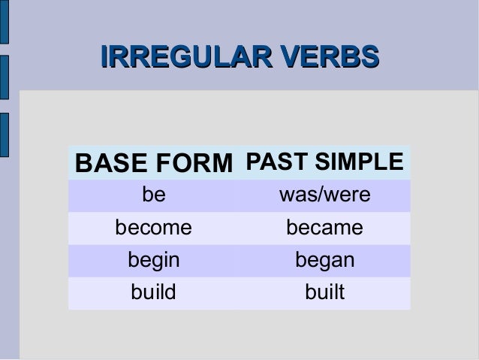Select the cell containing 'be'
pyautogui.click(x=154, y=195)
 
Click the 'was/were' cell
pyautogui.click(x=324, y=195)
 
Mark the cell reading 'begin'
pyautogui.click(x=153, y=260)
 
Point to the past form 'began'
pyautogui.click(x=324, y=260)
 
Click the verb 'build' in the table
pyautogui.click(x=153, y=292)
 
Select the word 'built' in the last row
pyautogui.click(x=324, y=292)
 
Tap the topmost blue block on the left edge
pyautogui.click(x=4, y=23)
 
